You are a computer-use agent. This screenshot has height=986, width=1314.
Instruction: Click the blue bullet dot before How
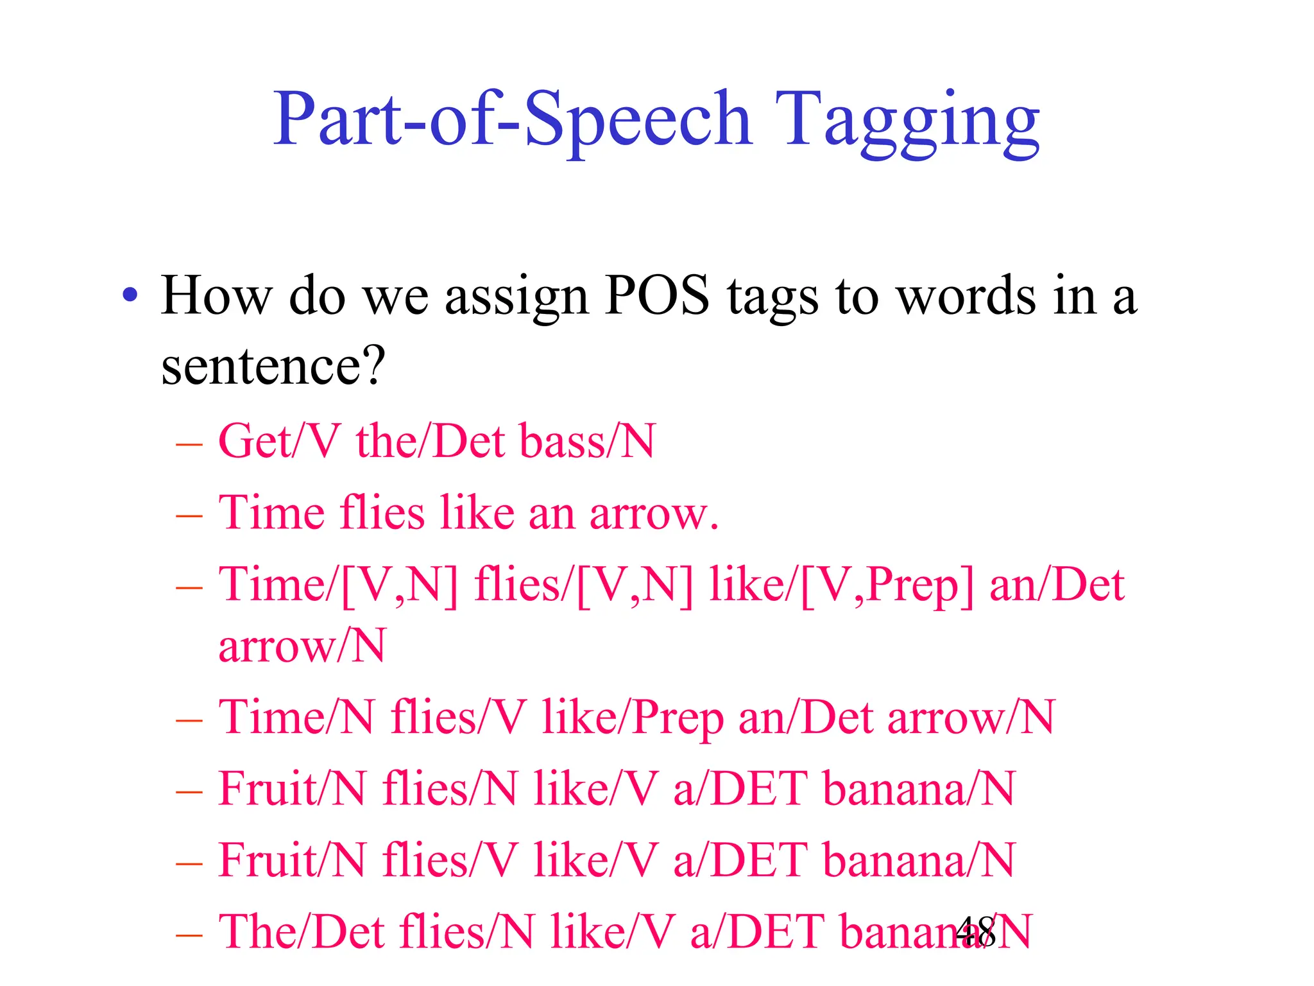tap(130, 296)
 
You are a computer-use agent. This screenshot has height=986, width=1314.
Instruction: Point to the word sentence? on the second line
tap(273, 366)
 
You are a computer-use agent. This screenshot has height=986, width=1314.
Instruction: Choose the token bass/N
tap(588, 442)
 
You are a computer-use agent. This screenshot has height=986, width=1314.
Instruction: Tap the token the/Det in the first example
tap(431, 442)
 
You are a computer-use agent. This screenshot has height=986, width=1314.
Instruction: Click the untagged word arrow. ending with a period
tap(654, 514)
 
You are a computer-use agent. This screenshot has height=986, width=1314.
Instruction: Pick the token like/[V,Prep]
tap(840, 585)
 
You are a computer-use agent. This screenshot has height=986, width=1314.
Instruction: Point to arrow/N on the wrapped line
tap(302, 646)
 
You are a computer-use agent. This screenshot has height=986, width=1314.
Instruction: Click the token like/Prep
tap(633, 717)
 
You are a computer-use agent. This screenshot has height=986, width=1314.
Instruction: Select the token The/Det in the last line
tap(301, 931)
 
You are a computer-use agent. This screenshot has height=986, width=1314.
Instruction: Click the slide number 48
tap(975, 931)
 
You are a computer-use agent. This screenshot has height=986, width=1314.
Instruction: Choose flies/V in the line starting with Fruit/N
tap(450, 860)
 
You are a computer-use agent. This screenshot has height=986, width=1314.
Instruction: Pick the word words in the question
tap(965, 296)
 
